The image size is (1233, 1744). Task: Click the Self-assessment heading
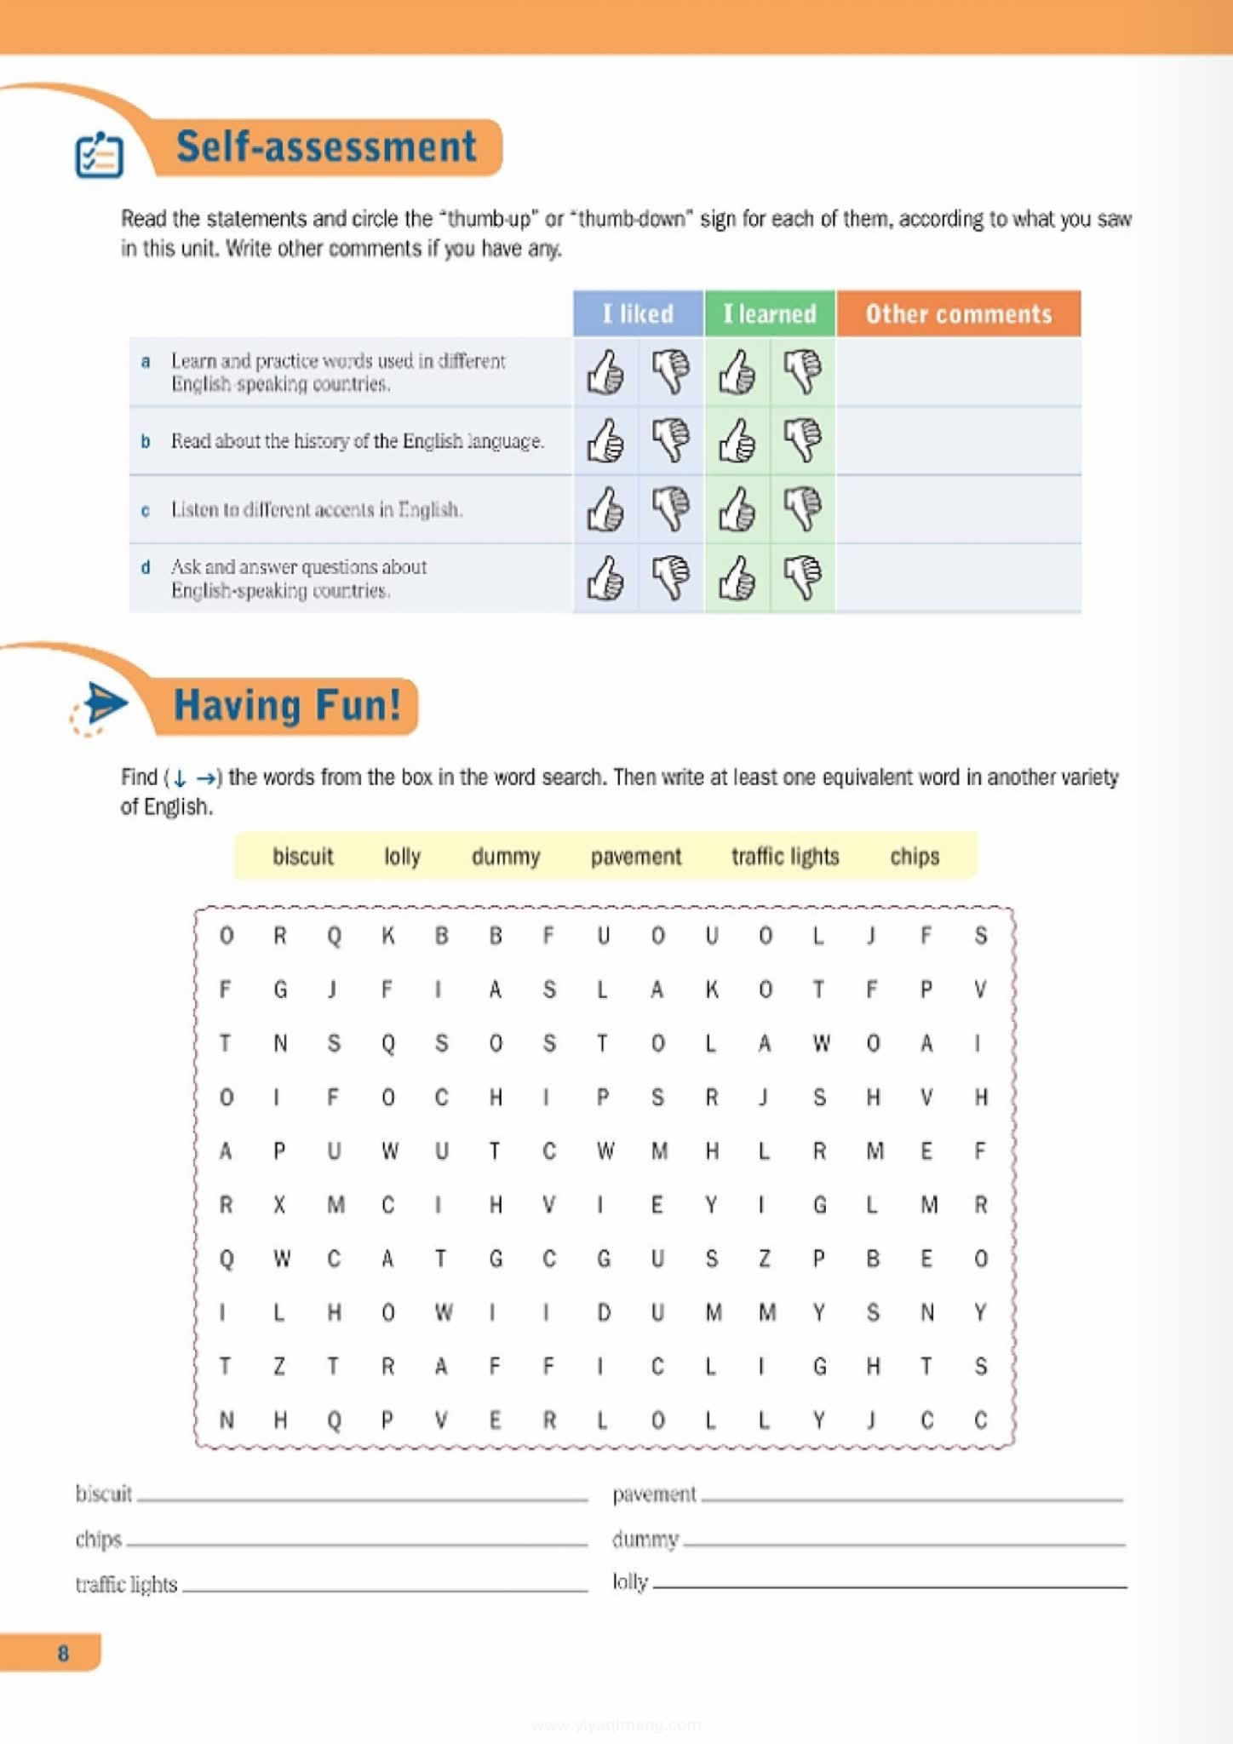pos(326,146)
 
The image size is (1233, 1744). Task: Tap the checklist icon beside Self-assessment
pos(99,155)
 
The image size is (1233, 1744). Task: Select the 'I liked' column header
pos(638,313)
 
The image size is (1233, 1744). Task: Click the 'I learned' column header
pos(770,313)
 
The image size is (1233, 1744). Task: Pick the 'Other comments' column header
pos(959,313)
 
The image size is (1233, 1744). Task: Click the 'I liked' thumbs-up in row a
pos(605,372)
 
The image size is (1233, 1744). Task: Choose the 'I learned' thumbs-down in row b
pos(803,440)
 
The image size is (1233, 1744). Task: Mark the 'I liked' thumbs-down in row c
pos(671,509)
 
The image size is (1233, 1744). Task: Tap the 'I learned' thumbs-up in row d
pos(737,578)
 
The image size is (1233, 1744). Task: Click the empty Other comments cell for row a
pos(959,372)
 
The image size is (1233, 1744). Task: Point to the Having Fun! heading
pos(287,706)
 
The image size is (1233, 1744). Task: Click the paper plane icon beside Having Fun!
pos(102,705)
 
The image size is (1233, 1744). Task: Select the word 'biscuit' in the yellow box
pos(302,856)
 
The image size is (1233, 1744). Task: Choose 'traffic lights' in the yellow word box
pos(785,856)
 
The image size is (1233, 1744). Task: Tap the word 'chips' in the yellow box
pos(915,856)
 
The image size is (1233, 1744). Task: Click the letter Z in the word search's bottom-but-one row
pos(279,1367)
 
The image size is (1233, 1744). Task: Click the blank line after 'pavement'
pos(911,1497)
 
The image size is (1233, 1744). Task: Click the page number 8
pos(63,1653)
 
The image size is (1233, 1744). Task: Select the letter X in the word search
pos(279,1205)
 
